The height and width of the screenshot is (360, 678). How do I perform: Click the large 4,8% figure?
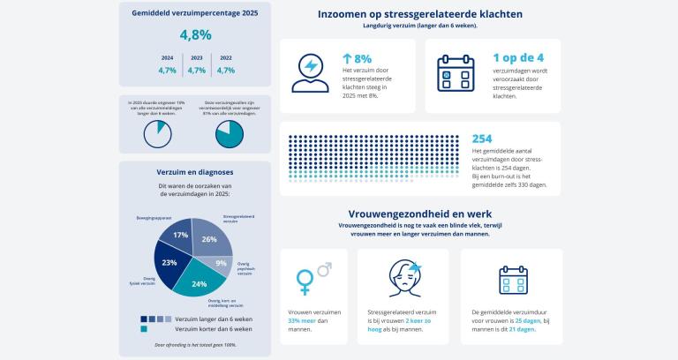point(195,35)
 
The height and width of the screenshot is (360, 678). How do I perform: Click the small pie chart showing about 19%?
point(157,133)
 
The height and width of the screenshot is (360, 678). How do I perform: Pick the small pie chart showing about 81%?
point(230,133)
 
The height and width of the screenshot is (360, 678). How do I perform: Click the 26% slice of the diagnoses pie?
point(208,238)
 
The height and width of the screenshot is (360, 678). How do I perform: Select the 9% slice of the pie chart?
point(220,263)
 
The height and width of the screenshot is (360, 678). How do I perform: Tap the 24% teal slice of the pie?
point(200,282)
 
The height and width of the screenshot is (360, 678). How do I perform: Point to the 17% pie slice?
point(180,236)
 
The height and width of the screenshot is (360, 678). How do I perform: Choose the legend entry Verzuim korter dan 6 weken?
point(213,329)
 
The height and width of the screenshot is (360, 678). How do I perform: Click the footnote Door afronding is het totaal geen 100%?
point(195,344)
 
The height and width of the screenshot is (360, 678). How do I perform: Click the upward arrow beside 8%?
point(347,59)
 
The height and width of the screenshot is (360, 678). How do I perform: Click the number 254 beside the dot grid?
point(482,139)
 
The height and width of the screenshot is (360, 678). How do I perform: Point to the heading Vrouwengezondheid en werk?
point(419,214)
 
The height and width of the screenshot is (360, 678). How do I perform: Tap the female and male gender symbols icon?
point(313,276)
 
